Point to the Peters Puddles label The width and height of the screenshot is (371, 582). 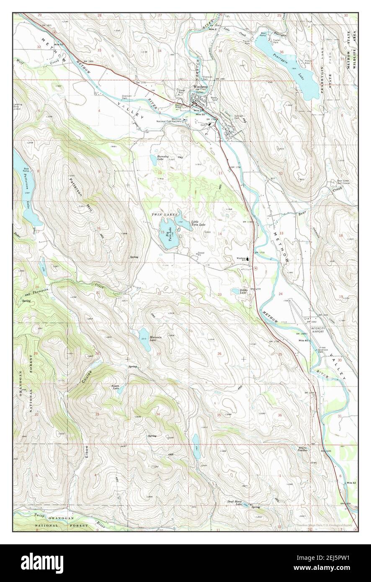(303, 449)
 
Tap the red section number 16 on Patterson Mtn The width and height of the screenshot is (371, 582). (99, 228)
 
